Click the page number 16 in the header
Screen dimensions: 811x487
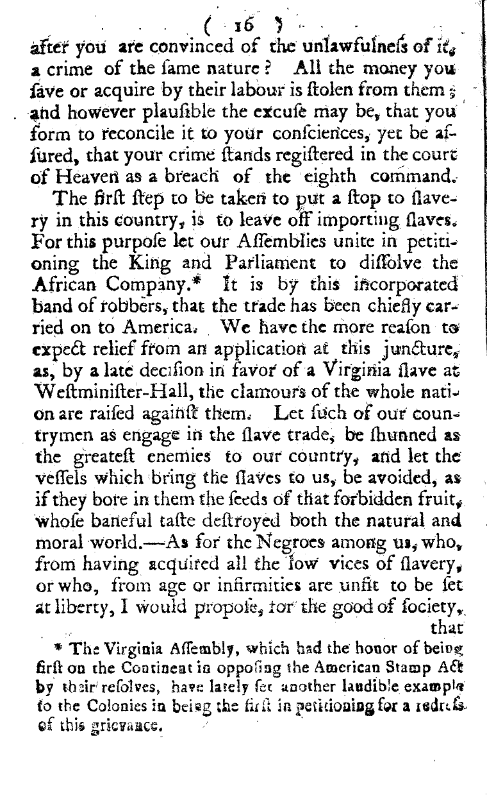coord(245,25)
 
